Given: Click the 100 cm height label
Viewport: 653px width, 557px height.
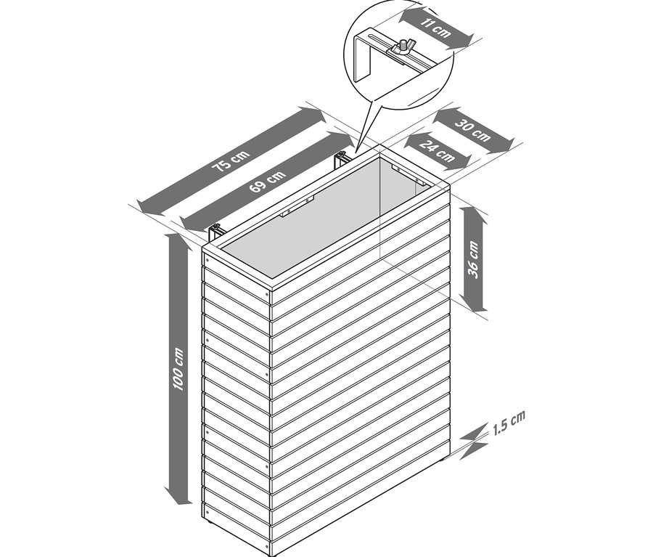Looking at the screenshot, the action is (178, 370).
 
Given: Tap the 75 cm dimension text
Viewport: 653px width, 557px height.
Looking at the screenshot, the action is (231, 161).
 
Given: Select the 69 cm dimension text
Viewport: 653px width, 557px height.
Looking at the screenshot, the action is (268, 182).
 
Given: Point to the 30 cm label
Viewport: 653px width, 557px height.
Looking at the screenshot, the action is (472, 130).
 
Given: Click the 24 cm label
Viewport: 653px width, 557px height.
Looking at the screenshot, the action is (437, 150).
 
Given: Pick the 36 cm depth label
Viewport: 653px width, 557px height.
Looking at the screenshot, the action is (474, 259).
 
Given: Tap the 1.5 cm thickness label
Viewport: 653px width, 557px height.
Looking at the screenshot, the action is (509, 423).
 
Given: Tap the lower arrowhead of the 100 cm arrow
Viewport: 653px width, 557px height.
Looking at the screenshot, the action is (178, 497).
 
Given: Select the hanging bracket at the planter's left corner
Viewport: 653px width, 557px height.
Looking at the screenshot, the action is (215, 232).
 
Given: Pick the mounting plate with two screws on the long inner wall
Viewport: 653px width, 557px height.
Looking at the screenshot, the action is (297, 207).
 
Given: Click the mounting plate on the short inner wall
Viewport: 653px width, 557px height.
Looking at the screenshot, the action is (408, 174).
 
